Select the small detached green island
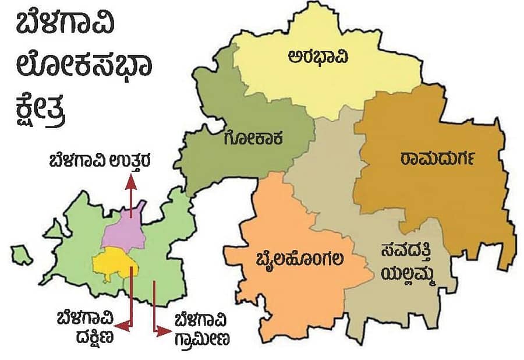[x=22, y=254]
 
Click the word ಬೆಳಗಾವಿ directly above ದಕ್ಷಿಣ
[x=82, y=320]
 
